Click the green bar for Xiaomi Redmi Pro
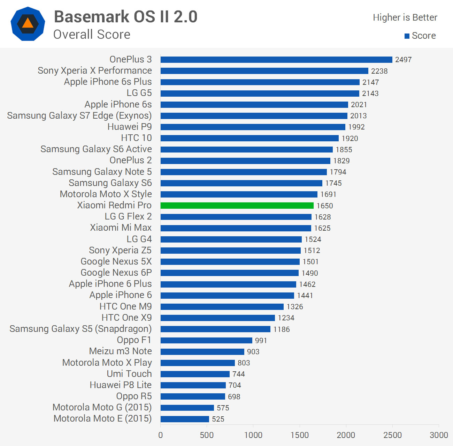[237, 206]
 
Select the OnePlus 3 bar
[276, 60]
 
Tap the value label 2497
[403, 60]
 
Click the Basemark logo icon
[28, 24]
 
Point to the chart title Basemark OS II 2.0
[125, 17]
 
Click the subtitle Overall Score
[92, 35]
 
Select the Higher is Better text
[405, 17]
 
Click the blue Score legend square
[407, 36]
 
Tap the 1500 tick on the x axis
[300, 435]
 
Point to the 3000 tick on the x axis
[439, 435]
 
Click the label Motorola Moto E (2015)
[102, 418]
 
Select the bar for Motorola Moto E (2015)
[185, 419]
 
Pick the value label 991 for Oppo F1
[261, 341]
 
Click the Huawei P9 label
[129, 127]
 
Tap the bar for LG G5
[260, 94]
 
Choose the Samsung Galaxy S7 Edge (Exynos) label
[79, 116]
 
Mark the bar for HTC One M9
[222, 307]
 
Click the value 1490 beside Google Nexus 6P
[309, 273]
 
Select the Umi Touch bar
[195, 374]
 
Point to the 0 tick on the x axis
[161, 435]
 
